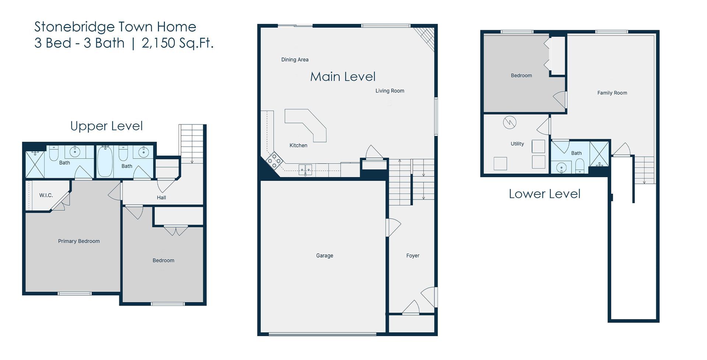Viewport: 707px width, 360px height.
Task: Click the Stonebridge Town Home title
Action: (x=115, y=27)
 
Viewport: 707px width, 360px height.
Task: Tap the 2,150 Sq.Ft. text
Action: (x=177, y=43)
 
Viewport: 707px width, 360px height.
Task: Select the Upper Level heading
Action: (x=106, y=126)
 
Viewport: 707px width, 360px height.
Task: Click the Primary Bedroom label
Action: (x=79, y=241)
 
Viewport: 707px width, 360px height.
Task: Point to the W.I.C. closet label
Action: (x=46, y=195)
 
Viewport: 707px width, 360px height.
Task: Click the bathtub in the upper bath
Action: (x=105, y=162)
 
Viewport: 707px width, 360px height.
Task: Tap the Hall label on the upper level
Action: (x=161, y=198)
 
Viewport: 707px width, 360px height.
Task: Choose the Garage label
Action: (x=324, y=255)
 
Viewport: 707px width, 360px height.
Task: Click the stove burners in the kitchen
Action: (x=274, y=160)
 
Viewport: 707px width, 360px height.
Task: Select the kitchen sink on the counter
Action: (x=305, y=170)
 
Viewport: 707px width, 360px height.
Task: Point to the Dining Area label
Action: (x=295, y=60)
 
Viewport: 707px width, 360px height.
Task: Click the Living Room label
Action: (x=390, y=91)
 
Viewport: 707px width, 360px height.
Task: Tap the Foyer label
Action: (x=412, y=255)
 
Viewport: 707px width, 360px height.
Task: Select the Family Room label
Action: (x=612, y=93)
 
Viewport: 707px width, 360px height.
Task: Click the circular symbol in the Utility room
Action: (x=510, y=123)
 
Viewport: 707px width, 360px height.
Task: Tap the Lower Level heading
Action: (x=544, y=194)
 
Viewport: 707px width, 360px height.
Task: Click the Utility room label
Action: (x=517, y=144)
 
